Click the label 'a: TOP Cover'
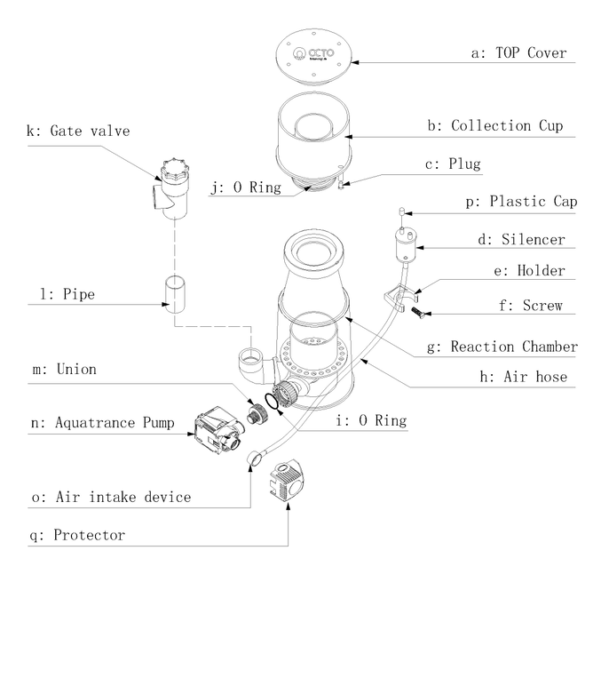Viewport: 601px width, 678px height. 518,53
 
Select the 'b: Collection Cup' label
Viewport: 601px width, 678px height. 507,126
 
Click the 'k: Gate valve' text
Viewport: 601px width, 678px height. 78,132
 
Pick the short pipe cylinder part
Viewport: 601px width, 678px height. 174,292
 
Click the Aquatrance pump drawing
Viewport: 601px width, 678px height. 217,431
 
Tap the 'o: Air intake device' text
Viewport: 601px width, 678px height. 110,497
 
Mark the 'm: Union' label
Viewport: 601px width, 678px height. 63,369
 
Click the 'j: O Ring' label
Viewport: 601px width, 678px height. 245,187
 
